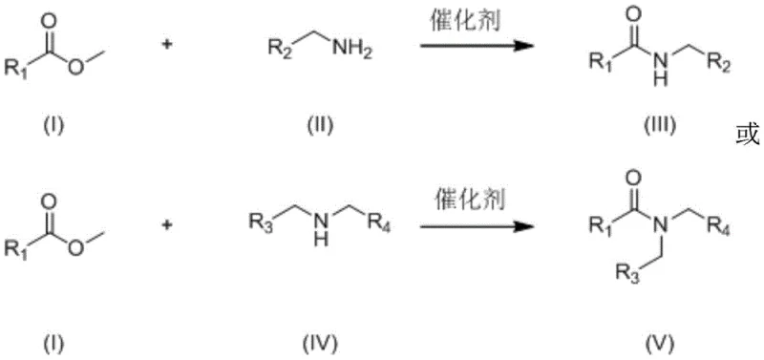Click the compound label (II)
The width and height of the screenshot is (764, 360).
pyautogui.click(x=312, y=123)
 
